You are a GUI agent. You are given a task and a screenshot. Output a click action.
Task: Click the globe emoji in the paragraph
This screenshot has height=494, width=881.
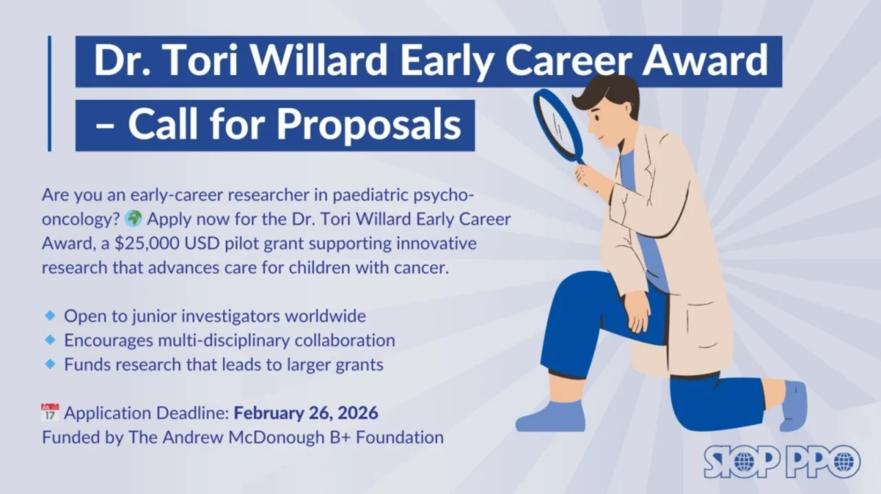tap(134, 220)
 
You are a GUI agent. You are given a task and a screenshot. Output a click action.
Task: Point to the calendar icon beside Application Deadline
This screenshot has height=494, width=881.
tap(50, 413)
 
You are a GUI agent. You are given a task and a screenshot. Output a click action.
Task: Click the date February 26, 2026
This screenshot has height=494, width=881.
tap(306, 413)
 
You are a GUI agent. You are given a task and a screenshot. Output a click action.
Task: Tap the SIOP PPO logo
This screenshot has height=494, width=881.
tap(781, 461)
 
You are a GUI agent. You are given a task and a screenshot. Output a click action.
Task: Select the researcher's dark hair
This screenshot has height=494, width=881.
tap(606, 93)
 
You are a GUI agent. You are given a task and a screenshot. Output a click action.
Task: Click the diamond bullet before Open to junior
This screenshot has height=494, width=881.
tap(50, 316)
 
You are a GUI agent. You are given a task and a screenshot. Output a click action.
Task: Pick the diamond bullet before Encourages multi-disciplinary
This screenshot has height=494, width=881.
tap(50, 340)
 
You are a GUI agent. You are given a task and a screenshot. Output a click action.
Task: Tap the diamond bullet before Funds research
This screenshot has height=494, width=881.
tap(50, 364)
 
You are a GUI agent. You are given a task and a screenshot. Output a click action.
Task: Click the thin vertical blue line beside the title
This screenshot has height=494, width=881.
tap(50, 93)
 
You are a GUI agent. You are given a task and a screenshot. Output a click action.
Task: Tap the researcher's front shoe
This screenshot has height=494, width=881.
tap(550, 418)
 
